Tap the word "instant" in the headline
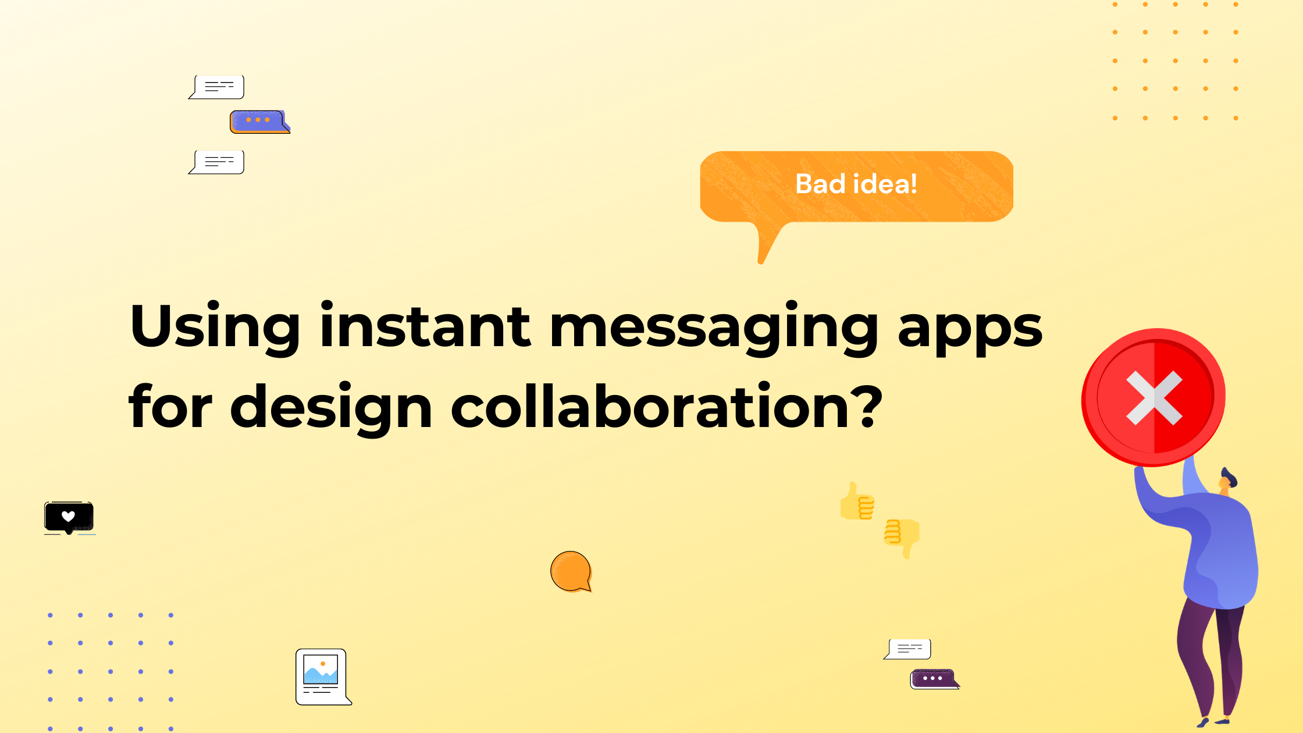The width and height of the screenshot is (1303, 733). pos(425,326)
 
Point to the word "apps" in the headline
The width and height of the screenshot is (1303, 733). pos(970,329)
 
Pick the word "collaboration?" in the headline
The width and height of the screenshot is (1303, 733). pos(667,407)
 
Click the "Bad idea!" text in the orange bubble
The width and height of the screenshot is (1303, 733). pos(856,184)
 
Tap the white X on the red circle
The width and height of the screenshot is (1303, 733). pos(1154,398)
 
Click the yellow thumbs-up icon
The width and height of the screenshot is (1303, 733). pos(857,501)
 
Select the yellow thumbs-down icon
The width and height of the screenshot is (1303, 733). pos(902,537)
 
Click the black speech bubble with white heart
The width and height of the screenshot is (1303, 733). pos(69,517)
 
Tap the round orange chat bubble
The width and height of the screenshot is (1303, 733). pos(571,571)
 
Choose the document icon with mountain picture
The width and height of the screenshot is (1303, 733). pos(322,677)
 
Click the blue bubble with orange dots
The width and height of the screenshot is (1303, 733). pos(258,121)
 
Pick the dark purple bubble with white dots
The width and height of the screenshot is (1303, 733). pos(933,678)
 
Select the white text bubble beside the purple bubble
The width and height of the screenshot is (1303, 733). pos(909,649)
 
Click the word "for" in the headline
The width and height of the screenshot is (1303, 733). pos(170,407)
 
